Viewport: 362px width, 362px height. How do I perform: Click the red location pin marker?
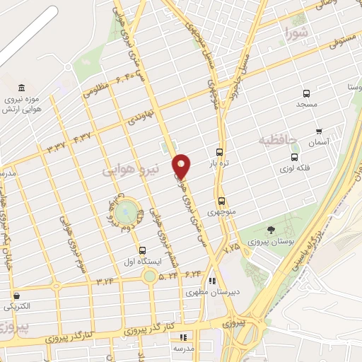(x=182, y=166)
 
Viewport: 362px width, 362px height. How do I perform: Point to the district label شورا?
(x=296, y=32)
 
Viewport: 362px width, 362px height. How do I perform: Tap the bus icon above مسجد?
(x=306, y=93)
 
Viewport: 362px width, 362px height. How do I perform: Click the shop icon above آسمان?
(x=319, y=132)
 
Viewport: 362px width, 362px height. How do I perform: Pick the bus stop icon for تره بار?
(x=220, y=152)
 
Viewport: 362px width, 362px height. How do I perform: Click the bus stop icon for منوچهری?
(x=222, y=201)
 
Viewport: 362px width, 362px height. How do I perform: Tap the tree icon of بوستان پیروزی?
(x=271, y=230)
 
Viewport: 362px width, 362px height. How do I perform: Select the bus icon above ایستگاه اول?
(x=143, y=250)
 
